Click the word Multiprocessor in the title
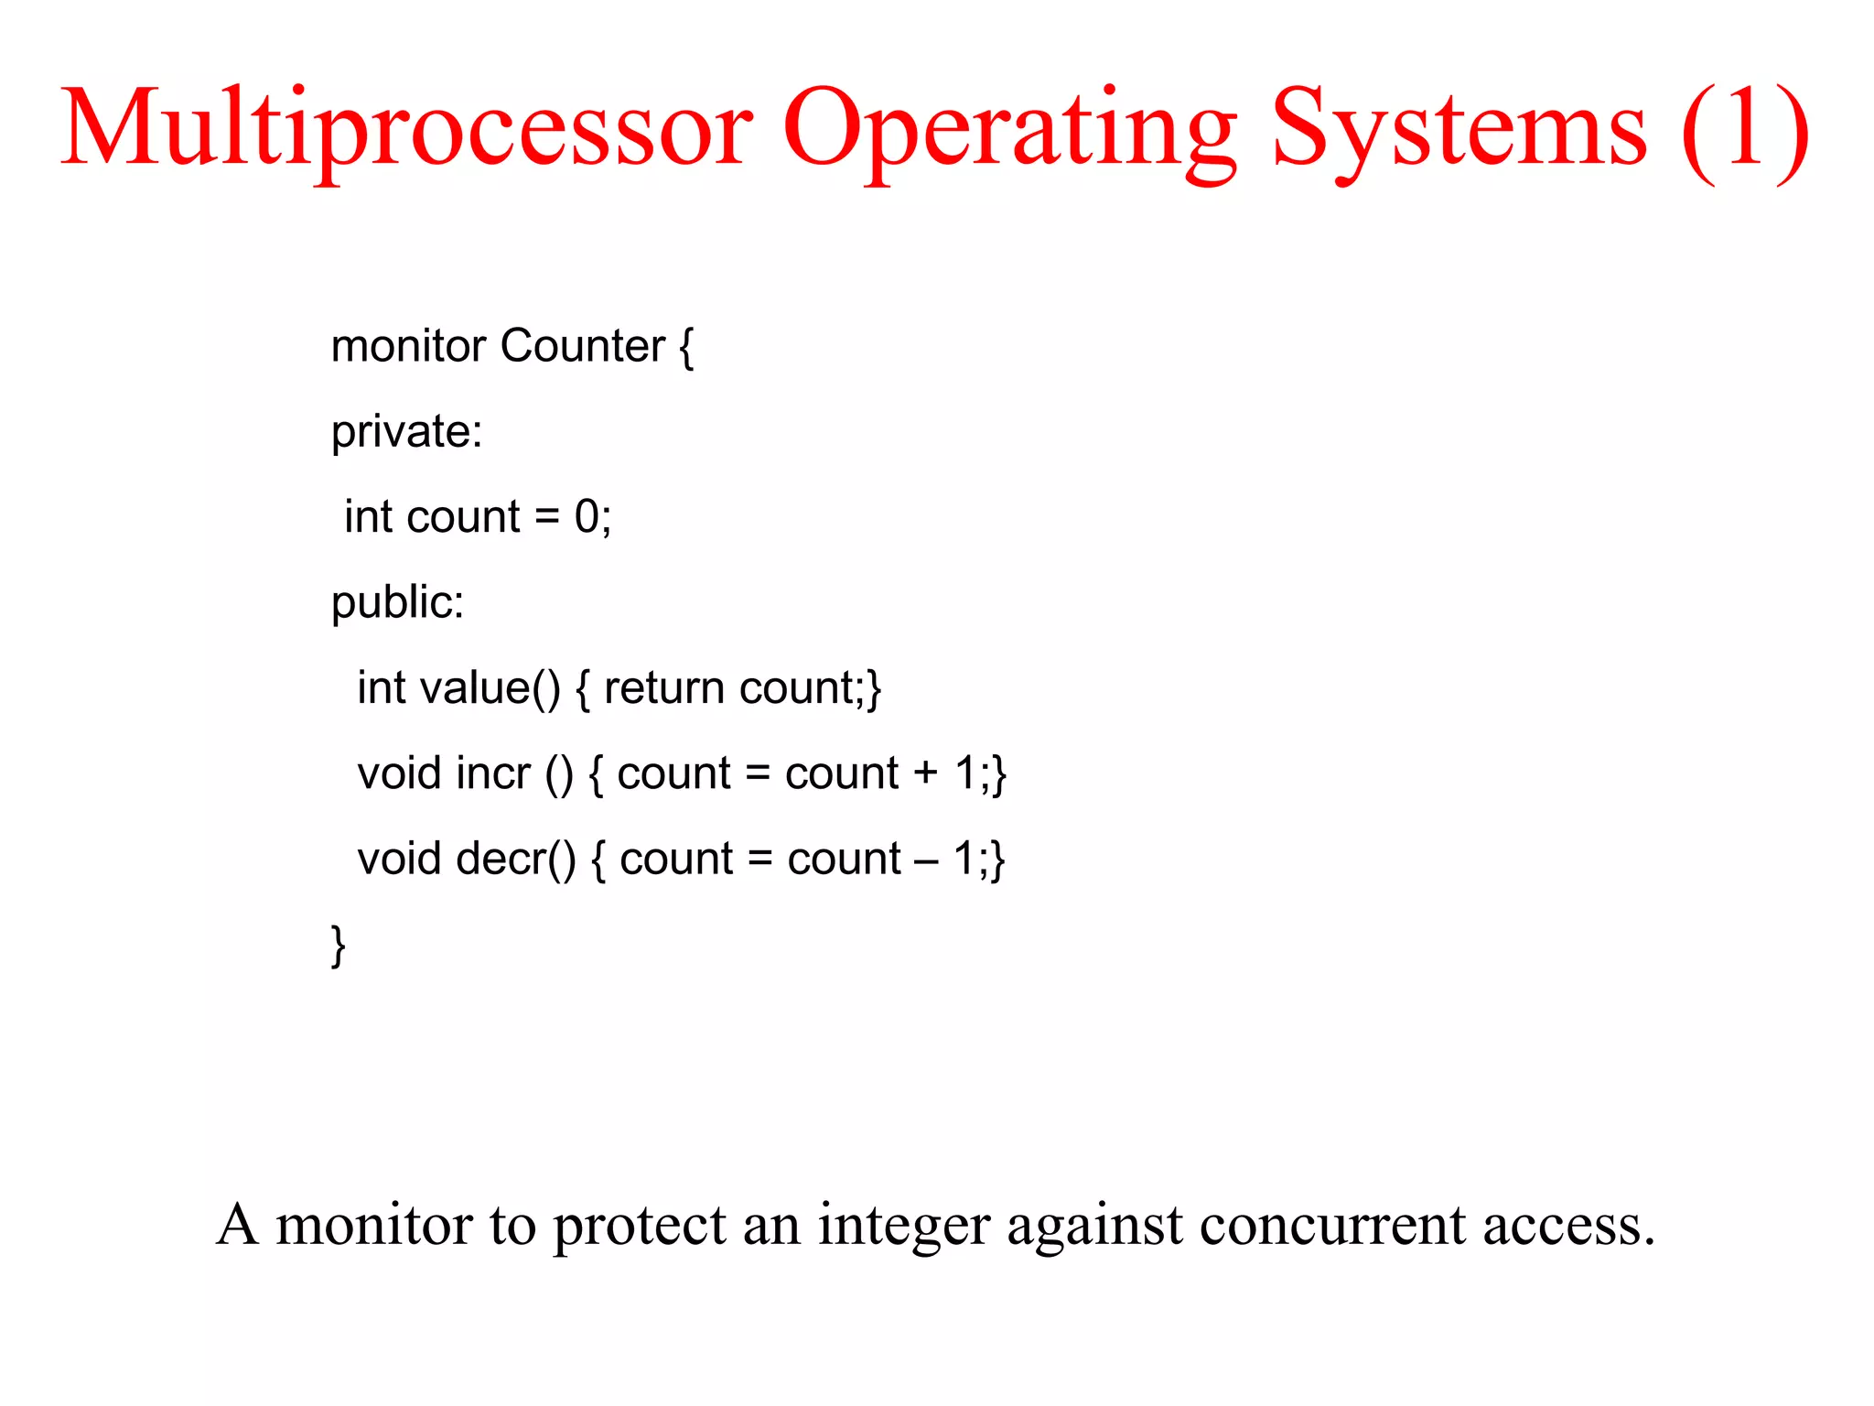(x=407, y=128)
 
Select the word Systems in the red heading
(x=1459, y=128)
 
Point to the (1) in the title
(x=1745, y=128)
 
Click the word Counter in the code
(x=583, y=346)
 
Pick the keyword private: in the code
(x=406, y=431)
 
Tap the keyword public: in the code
(x=397, y=602)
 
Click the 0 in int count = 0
(x=587, y=516)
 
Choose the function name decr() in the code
(x=516, y=860)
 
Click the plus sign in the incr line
(x=926, y=773)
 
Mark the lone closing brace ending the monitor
(x=338, y=945)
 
